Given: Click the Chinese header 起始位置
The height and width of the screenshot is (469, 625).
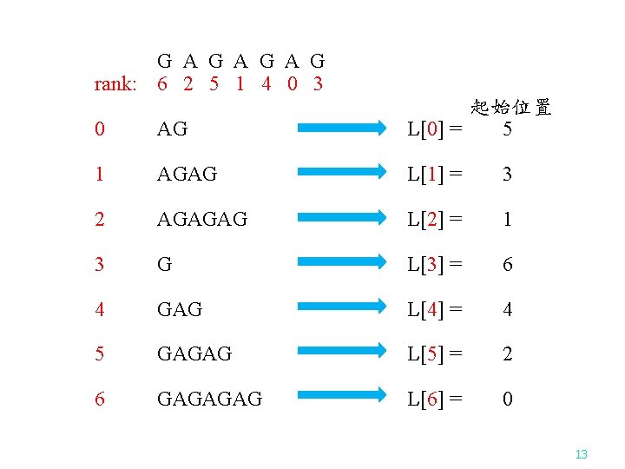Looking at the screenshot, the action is (511, 108).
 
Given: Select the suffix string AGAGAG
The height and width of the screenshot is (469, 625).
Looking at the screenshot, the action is (201, 219).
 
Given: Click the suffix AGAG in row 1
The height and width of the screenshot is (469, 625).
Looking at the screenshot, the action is (187, 174).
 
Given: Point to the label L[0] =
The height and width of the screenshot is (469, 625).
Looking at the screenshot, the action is (435, 129).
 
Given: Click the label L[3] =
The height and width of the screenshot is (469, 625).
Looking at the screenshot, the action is (435, 264).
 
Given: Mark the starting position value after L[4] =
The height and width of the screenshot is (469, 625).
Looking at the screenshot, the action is (508, 309).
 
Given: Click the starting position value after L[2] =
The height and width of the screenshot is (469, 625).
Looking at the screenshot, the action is (508, 219).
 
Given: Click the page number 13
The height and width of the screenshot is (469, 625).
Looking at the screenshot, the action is (581, 454).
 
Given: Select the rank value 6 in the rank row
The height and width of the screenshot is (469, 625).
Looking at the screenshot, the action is (162, 84).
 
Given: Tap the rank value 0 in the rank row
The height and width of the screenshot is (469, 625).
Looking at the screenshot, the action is (292, 84).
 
